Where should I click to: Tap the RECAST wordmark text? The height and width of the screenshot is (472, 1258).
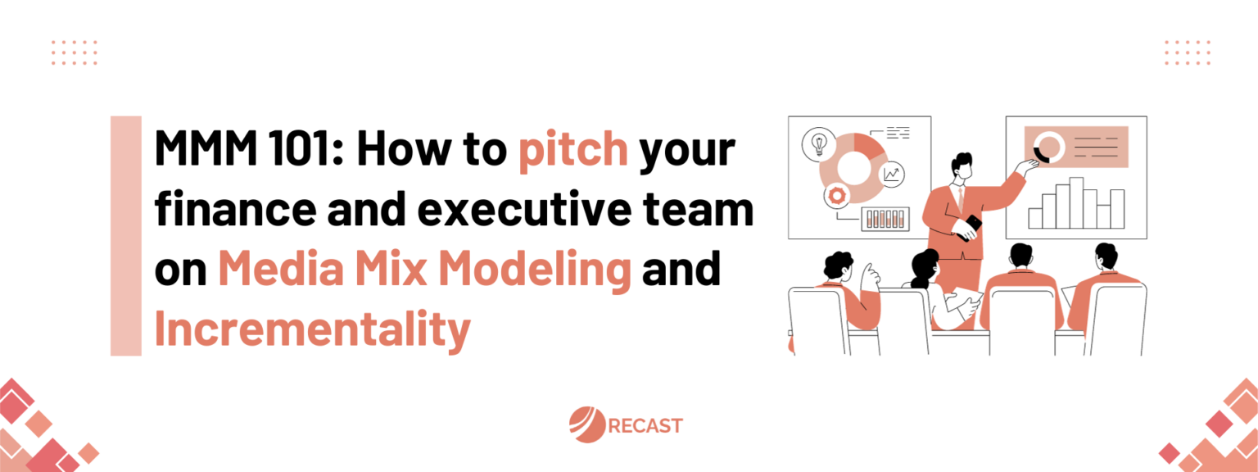[646, 426]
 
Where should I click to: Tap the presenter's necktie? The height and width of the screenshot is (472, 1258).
[958, 197]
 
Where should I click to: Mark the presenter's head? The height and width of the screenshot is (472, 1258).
[962, 168]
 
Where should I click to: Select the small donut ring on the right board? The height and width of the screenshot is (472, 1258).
[1048, 148]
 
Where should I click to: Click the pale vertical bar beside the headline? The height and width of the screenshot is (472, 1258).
[125, 235]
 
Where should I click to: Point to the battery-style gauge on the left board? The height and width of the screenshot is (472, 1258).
[885, 218]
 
